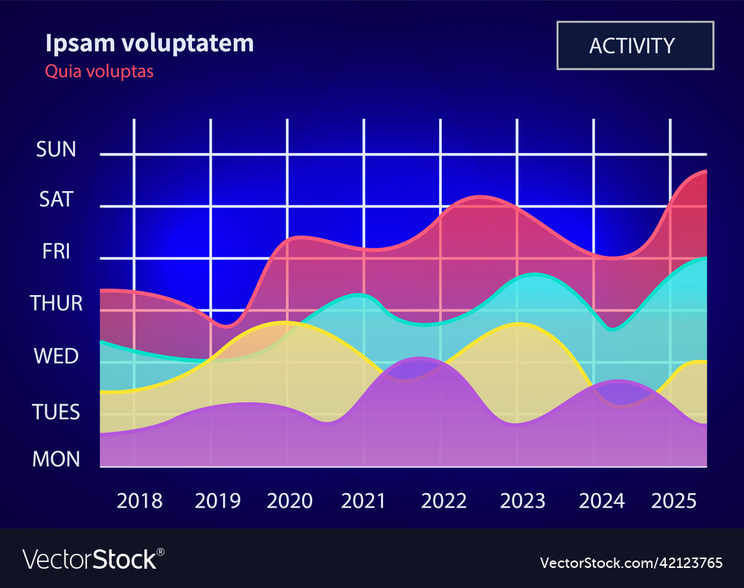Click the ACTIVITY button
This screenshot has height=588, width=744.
pos(635,45)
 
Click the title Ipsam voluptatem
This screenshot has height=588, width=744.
pos(150,43)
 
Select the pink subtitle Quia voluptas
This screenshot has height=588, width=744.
pos(99,71)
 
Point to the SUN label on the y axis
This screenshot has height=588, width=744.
pos(57,149)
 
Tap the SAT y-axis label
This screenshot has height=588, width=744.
pos(57,199)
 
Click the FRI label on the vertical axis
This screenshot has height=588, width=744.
pos(57,251)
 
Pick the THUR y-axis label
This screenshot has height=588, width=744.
pos(57,303)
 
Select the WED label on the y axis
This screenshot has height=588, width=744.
pos(57,356)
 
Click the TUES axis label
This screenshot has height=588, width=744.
pos(57,412)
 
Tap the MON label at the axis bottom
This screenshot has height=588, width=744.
pos(57,459)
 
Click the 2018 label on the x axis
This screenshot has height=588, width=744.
pos(140,501)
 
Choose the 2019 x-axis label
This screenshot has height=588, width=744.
pos(217,501)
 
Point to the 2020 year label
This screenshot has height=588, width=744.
pos(289,501)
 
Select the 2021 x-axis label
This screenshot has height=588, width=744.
pos(363,501)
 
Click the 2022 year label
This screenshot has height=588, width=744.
pos(444,501)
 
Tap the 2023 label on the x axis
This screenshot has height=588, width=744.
pos(522,501)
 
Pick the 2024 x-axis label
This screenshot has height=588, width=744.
pos(602,501)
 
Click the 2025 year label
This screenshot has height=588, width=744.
pos(674,501)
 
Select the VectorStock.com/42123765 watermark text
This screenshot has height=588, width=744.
pos(631,562)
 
